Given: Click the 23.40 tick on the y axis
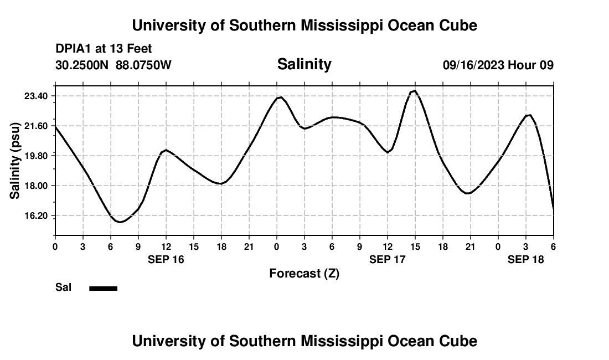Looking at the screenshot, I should click(x=37, y=96).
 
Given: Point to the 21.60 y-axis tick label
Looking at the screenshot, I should click(x=37, y=126).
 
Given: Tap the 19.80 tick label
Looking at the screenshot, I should click(x=37, y=156).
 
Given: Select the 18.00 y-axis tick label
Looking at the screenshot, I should click(x=37, y=186).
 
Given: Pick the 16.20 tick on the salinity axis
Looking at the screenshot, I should click(x=37, y=215).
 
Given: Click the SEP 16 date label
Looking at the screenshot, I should click(x=166, y=259).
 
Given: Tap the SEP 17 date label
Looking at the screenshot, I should click(x=388, y=259).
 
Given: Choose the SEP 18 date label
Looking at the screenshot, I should click(x=526, y=259).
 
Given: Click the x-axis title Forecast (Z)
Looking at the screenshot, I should click(x=304, y=274).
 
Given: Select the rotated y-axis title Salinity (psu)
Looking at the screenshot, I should click(x=16, y=160).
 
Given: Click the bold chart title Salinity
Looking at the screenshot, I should click(x=304, y=64).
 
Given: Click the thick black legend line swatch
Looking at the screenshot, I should click(x=104, y=288).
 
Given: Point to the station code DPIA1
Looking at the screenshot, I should click(x=74, y=49).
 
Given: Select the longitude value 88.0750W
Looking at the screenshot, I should click(x=143, y=65).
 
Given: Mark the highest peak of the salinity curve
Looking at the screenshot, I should click(x=415, y=91).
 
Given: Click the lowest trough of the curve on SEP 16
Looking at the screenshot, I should click(x=120, y=222).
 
